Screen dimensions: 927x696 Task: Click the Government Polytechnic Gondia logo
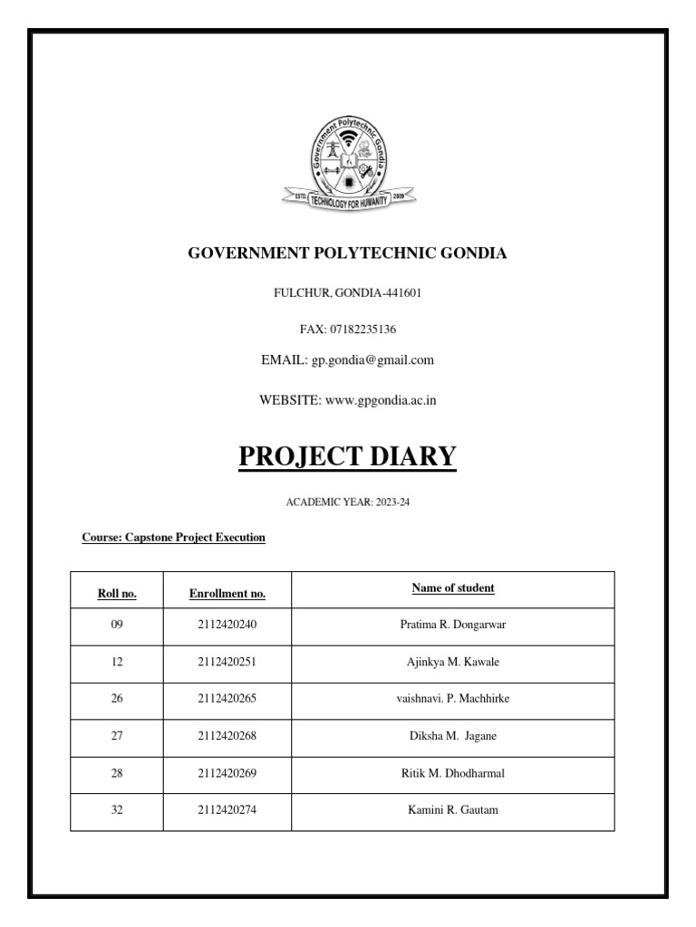347,164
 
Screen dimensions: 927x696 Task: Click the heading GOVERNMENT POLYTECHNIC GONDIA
347,253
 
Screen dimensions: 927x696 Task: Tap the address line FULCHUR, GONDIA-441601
347,293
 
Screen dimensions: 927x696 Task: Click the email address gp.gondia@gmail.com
372,360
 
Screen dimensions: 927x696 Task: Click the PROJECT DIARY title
347,456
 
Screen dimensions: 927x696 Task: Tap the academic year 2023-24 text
347,502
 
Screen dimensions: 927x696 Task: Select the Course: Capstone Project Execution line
174,538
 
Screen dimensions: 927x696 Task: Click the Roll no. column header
117,594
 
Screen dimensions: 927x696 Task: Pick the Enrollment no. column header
227,594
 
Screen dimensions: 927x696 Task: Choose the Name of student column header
453,588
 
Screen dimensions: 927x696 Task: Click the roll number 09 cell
117,626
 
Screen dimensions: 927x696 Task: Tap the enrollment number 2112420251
227,663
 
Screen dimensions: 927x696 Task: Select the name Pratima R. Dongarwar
453,626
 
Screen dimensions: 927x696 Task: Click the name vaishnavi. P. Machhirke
453,699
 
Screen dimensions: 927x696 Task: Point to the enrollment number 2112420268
227,736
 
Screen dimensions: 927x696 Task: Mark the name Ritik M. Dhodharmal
453,773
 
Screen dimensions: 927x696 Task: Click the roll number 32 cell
117,810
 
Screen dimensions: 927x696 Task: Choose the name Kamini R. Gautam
453,810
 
